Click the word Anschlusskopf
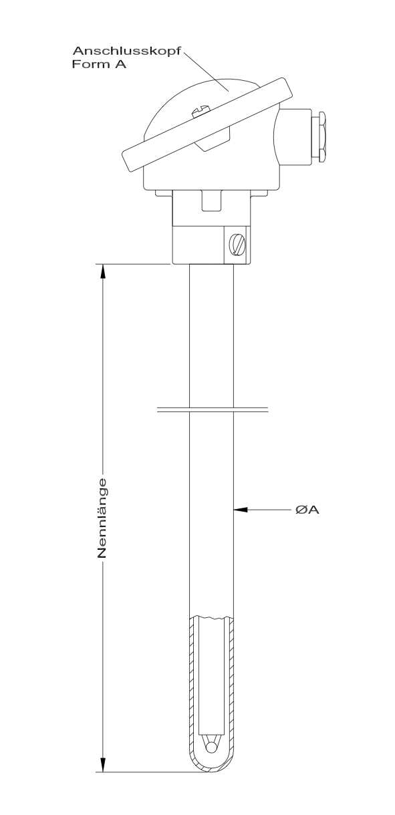127,51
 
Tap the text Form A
99,64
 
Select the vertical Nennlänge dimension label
102,518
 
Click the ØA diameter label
307,510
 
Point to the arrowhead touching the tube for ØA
241,510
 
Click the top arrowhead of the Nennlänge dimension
103,272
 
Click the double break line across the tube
213,410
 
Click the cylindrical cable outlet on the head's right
293,136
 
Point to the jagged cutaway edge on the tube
211,617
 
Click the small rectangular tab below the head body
211,201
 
